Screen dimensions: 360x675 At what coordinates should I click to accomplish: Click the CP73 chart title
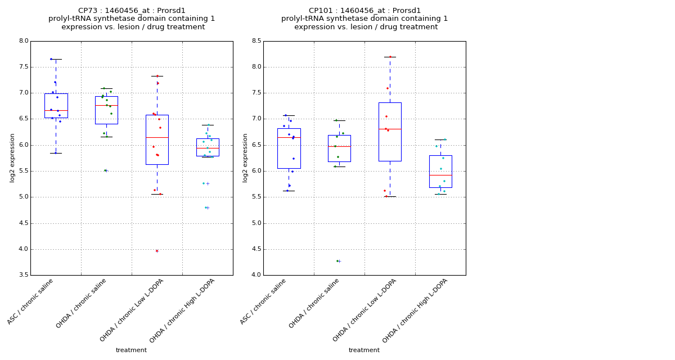pos(132,19)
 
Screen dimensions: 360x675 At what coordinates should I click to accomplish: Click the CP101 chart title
pos(364,19)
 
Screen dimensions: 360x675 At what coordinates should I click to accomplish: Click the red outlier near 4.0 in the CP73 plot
pos(157,251)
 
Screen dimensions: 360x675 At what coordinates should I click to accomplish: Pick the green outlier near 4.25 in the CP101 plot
pos(337,261)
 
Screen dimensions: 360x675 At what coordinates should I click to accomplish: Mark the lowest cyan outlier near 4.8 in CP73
pos(206,208)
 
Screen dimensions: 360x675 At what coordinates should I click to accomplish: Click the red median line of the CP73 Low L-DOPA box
pos(157,137)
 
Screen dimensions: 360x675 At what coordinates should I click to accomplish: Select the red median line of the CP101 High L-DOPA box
pos(440,175)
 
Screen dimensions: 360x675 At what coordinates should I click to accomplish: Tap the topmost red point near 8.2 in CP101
pos(390,57)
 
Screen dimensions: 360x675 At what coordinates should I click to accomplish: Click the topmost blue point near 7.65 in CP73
pos(51,59)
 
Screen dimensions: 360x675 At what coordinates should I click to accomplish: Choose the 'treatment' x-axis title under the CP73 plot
pos(131,350)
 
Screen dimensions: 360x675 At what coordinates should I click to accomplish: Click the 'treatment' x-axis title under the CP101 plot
pos(364,350)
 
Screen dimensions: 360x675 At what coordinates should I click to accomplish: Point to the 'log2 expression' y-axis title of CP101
pos(245,158)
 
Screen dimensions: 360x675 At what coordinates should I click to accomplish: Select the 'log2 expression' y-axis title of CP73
pos(12,158)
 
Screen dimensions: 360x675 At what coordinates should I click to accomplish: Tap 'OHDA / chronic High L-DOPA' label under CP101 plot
pos(415,310)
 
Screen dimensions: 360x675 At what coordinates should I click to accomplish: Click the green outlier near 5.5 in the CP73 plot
pos(105,170)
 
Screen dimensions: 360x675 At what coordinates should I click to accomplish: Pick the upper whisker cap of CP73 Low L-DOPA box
pos(157,76)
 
